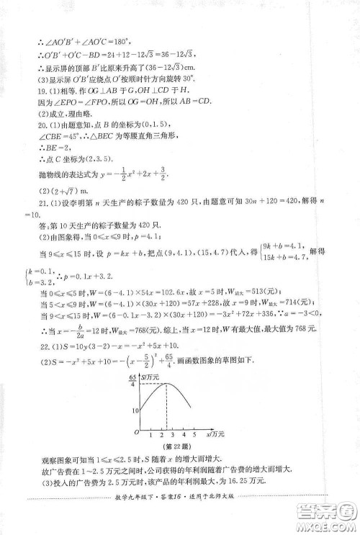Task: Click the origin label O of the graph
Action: click(127, 432)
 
